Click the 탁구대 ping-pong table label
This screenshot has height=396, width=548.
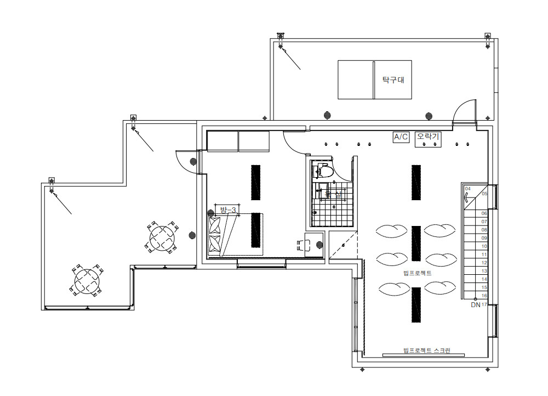(393, 80)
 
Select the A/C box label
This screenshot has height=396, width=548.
(401, 137)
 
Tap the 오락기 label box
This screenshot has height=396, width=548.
(429, 136)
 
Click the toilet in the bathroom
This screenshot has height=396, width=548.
(323, 171)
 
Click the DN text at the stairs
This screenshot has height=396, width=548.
(475, 304)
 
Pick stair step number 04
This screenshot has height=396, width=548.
(467, 189)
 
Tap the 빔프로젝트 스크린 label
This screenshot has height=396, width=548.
(426, 350)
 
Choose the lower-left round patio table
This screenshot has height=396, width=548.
(87, 280)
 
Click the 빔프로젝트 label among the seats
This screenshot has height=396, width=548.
(417, 273)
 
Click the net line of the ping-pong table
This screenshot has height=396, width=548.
(374, 80)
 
